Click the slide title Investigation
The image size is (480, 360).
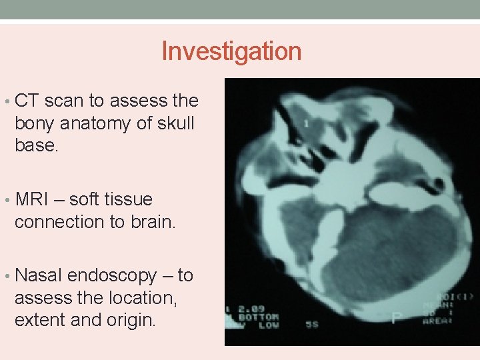pyautogui.click(x=231, y=51)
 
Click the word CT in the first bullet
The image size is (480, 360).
pyautogui.click(x=27, y=101)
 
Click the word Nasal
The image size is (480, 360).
pyautogui.click(x=39, y=275)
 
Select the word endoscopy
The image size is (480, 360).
pyautogui.click(x=118, y=276)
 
